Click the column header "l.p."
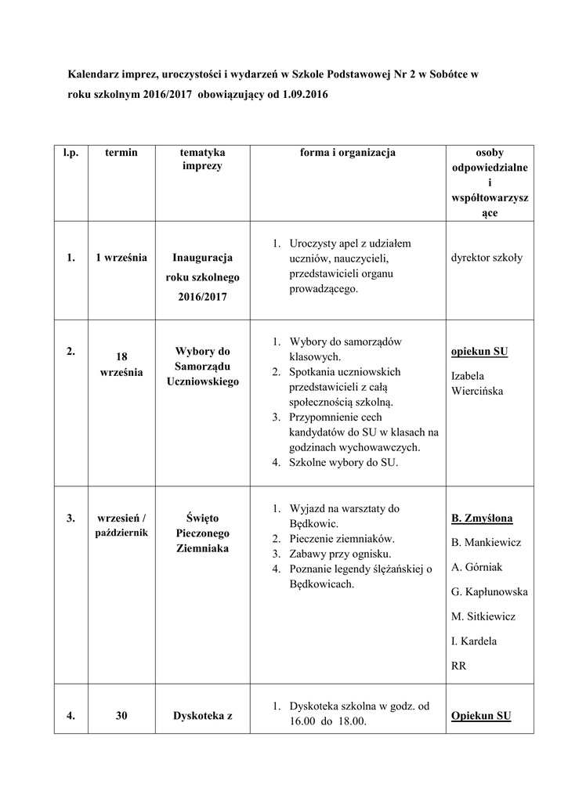(71, 153)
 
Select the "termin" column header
(121, 153)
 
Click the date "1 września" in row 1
(121, 258)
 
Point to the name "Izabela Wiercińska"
(477, 383)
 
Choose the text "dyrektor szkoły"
(487, 258)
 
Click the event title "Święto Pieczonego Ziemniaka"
(201, 533)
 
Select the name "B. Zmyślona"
(482, 518)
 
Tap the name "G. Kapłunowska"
(489, 591)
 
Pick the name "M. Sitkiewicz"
(483, 616)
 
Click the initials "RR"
(459, 666)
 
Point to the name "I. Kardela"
(474, 641)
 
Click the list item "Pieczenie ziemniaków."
(342, 539)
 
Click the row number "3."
(71, 518)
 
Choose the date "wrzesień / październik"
(121, 525)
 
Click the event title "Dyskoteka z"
(201, 715)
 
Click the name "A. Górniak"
(477, 566)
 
